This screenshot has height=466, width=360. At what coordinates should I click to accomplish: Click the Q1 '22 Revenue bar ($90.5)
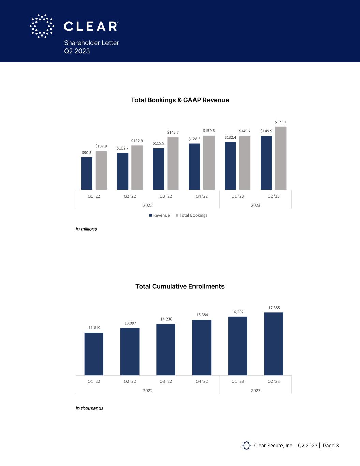click(87, 173)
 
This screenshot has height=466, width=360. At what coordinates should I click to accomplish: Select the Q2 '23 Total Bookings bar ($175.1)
click(280, 158)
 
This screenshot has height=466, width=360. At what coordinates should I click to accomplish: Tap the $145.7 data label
click(173, 132)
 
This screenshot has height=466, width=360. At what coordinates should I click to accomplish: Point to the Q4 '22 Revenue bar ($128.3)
click(195, 167)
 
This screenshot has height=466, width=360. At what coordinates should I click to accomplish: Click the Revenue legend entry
click(159, 215)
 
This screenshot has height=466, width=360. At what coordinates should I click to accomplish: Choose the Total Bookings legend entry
click(191, 215)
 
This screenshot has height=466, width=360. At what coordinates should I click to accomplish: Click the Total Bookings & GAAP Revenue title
click(180, 100)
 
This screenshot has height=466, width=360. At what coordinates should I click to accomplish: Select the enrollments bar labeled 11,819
click(94, 354)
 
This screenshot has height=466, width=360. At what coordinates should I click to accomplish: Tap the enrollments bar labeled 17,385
click(274, 344)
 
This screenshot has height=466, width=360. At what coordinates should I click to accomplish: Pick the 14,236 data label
click(166, 319)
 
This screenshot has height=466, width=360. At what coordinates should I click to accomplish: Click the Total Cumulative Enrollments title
click(180, 286)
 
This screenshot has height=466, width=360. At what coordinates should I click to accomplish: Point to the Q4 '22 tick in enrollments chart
click(202, 381)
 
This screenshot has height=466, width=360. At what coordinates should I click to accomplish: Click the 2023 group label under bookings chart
click(256, 205)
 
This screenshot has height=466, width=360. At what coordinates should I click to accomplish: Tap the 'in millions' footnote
click(86, 229)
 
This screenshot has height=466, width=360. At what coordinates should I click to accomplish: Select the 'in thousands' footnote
click(90, 408)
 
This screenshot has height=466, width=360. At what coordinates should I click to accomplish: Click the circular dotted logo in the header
click(42, 26)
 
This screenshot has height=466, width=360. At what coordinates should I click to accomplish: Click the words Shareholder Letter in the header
click(91, 43)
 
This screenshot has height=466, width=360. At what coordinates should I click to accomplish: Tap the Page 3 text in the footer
click(331, 446)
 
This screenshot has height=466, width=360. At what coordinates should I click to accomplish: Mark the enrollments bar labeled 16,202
click(237, 346)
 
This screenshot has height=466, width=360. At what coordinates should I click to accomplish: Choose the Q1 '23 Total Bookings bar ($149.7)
click(245, 163)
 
